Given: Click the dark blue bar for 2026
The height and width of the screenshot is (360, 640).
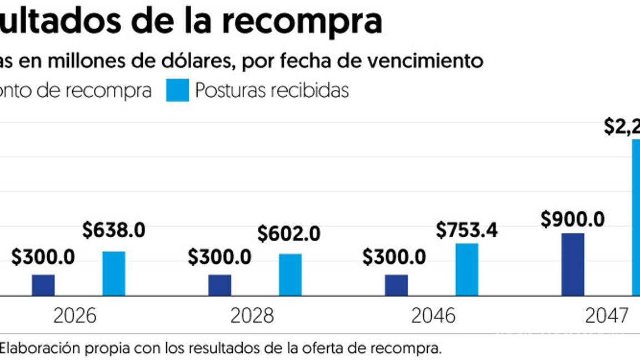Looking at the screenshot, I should (x=43, y=285).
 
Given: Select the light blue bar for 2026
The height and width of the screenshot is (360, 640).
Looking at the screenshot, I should (x=114, y=273).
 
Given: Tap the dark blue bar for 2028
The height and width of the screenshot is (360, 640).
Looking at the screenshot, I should (x=220, y=285).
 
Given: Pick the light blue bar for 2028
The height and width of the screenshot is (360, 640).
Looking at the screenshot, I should (x=291, y=274).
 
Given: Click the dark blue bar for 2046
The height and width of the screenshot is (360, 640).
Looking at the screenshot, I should (x=396, y=285).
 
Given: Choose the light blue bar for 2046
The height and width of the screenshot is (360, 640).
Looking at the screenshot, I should (x=467, y=269).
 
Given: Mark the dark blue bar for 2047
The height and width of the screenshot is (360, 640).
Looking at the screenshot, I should (x=573, y=264).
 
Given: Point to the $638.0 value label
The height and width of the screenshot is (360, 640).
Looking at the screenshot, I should (x=114, y=231).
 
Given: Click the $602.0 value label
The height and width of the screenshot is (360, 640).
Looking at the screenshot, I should (x=289, y=234).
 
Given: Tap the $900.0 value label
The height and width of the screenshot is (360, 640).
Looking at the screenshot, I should (x=573, y=220).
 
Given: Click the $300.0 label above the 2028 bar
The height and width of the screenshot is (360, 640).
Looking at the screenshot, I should (x=219, y=257).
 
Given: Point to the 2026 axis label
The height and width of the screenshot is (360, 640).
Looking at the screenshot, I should (x=75, y=316).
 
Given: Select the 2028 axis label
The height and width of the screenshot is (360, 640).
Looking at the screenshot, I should (x=252, y=316).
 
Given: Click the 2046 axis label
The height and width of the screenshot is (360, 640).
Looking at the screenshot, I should (x=433, y=316).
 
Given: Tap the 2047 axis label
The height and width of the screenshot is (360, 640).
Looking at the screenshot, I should (x=607, y=316).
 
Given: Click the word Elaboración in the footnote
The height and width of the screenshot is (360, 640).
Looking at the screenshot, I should (x=36, y=349).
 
